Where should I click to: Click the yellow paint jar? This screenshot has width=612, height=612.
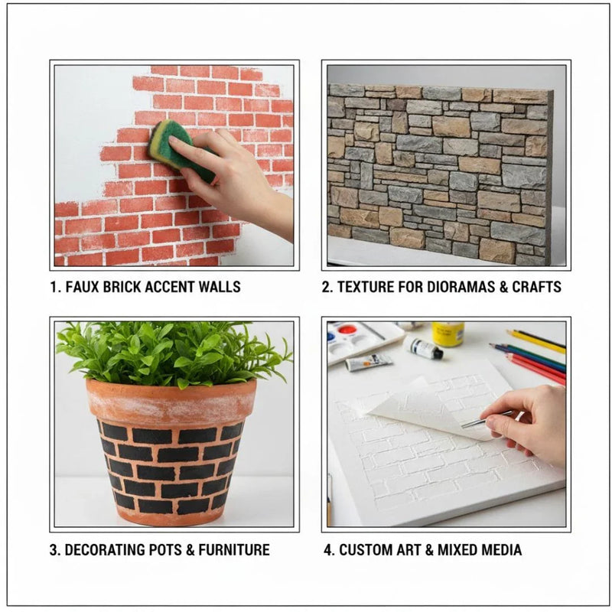(448, 334)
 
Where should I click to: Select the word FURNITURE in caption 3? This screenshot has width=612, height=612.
(234, 550)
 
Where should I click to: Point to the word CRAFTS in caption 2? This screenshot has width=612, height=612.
(537, 287)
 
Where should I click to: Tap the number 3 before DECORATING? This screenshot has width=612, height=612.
(54, 550)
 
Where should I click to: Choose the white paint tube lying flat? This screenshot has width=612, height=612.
(368, 362)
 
